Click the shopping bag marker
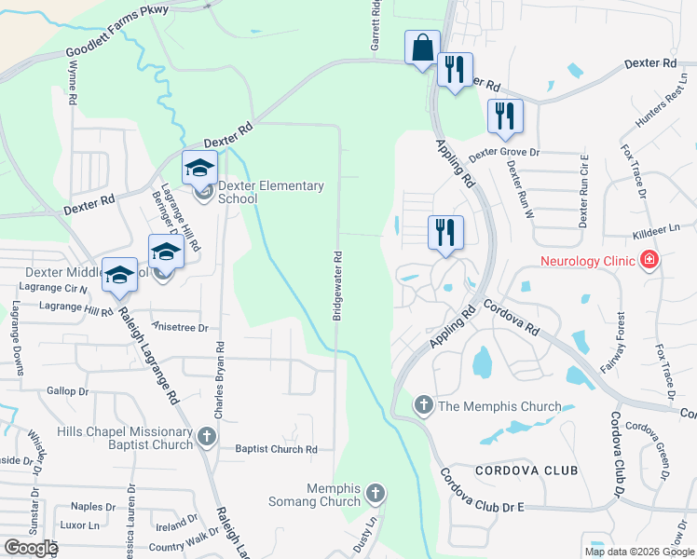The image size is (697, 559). click(x=422, y=48)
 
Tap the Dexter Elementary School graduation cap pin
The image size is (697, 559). click(x=199, y=168)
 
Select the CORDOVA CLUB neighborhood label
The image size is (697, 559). click(x=527, y=471)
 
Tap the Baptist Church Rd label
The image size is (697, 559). click(x=277, y=449)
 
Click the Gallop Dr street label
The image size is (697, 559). click(x=65, y=392)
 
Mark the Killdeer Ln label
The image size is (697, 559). click(x=657, y=226)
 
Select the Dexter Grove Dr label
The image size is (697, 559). click(x=503, y=152)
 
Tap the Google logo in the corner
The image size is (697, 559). click(x=30, y=548)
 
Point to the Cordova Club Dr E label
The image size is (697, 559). click(x=485, y=505)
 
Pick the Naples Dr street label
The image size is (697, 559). click(x=93, y=507)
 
